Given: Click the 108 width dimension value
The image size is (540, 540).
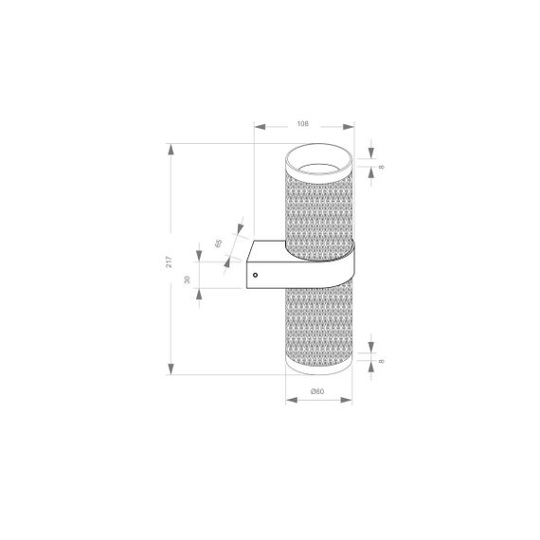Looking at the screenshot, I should coord(303,123).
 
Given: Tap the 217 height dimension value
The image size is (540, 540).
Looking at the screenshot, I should coord(169,261).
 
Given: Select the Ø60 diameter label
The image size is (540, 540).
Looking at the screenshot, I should coord(318,391).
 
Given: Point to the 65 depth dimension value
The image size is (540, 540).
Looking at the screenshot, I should coord(219,243).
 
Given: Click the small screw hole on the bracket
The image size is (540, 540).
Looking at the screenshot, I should coord(254,274).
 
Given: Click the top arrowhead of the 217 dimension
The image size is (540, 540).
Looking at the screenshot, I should coord(171,148).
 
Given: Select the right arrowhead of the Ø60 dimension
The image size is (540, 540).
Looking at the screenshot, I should coord(351,401).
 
